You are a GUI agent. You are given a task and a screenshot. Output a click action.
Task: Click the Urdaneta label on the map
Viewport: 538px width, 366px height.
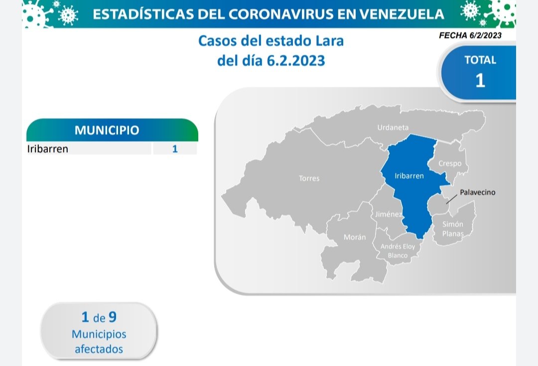pyautogui.click(x=393, y=127)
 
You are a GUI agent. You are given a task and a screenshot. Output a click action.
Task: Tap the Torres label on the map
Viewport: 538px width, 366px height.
pyautogui.click(x=309, y=178)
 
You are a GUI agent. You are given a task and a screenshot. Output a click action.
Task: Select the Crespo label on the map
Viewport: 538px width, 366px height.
pyautogui.click(x=450, y=164)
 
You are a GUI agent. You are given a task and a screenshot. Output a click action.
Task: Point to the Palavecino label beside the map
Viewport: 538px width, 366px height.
pyautogui.click(x=478, y=192)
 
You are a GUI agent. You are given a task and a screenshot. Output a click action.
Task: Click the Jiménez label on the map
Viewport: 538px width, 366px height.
pyautogui.click(x=389, y=214)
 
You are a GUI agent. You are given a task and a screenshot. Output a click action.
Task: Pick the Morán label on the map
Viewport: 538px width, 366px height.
pyautogui.click(x=355, y=237)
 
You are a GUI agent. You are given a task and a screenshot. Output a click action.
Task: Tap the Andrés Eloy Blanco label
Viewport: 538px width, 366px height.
pyautogui.click(x=398, y=251)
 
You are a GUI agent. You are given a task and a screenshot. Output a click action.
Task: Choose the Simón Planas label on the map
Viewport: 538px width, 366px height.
pyautogui.click(x=453, y=229)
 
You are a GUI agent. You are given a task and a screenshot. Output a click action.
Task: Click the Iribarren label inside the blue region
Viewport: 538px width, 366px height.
pyautogui.click(x=409, y=176)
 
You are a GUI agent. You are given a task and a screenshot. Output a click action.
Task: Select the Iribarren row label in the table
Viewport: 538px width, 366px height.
pyautogui.click(x=48, y=149)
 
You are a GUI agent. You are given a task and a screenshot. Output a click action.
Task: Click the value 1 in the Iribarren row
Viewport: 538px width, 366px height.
pyautogui.click(x=175, y=149)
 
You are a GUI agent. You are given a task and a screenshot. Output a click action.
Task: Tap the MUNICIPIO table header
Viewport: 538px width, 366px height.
pyautogui.click(x=107, y=130)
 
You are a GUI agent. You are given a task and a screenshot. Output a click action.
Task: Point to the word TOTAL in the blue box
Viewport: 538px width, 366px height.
pyautogui.click(x=480, y=60)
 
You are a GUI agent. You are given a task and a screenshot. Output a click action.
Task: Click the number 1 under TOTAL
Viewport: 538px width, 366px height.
pyautogui.click(x=480, y=80)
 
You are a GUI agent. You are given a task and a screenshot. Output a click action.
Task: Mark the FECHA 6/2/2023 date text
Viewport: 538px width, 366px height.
pyautogui.click(x=470, y=35)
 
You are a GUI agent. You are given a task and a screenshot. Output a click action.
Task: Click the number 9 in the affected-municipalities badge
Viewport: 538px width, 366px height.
pyautogui.click(x=113, y=317)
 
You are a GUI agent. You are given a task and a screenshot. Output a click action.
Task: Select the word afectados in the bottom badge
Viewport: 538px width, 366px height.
pyautogui.click(x=99, y=349)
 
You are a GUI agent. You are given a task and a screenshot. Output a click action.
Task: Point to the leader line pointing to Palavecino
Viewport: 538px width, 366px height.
pyautogui.click(x=451, y=199)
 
